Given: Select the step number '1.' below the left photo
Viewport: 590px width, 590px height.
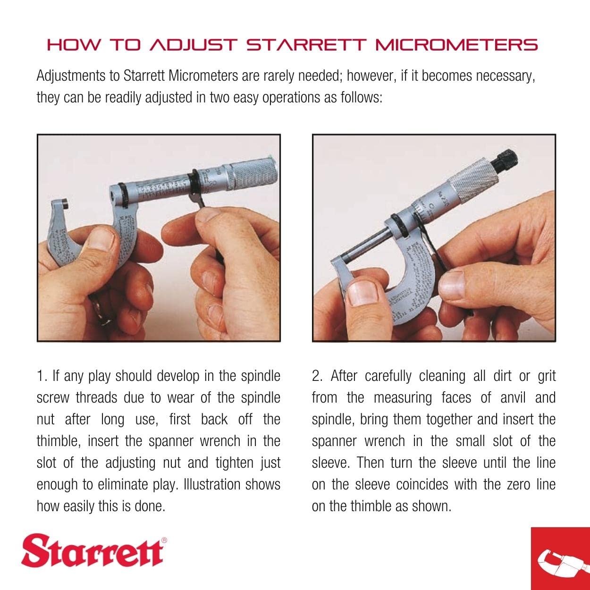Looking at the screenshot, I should point(42,376).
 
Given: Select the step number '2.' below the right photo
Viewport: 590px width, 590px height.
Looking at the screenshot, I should point(318,376).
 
